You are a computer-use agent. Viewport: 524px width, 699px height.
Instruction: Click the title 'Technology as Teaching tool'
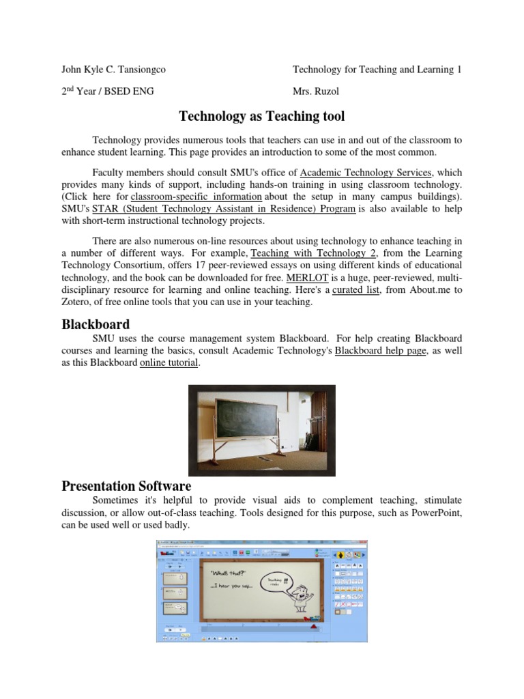pyautogui.click(x=261, y=116)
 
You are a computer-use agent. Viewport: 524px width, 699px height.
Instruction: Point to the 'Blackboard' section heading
pyautogui.click(x=96, y=324)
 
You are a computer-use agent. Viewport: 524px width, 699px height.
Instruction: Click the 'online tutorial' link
pyautogui.click(x=169, y=363)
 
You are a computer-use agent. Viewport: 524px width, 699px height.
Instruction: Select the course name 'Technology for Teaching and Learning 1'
pyautogui.click(x=377, y=70)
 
